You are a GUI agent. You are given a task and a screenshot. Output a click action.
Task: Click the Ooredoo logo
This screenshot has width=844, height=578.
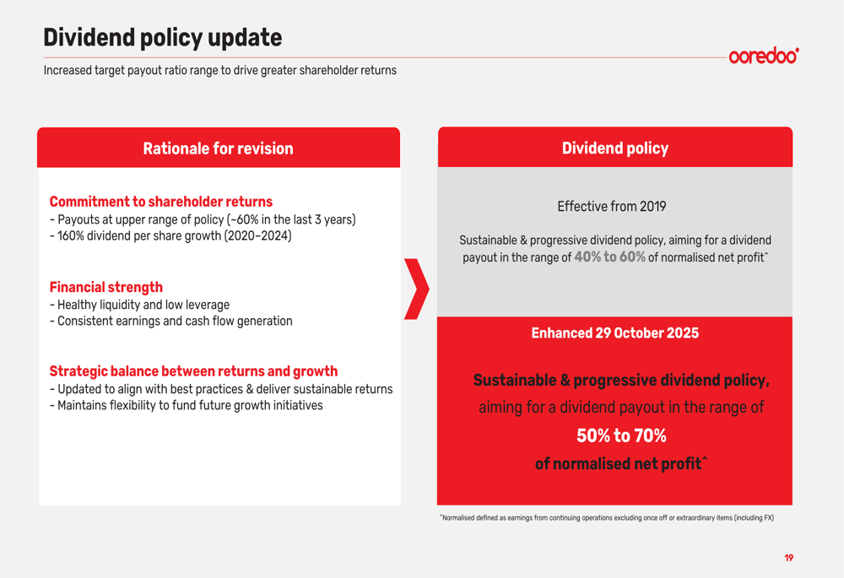click(763, 56)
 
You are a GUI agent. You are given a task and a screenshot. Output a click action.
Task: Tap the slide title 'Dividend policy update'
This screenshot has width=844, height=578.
click(162, 38)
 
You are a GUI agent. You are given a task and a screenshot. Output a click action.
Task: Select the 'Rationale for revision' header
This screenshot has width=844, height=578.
click(218, 149)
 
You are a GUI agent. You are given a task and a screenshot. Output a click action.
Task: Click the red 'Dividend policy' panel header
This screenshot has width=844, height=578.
click(614, 149)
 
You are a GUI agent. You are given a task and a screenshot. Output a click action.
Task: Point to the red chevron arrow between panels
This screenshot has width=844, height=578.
click(416, 289)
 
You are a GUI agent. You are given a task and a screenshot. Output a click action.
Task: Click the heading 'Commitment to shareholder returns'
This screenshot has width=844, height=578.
click(160, 202)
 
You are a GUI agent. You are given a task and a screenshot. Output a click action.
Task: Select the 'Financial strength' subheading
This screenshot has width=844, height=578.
click(105, 287)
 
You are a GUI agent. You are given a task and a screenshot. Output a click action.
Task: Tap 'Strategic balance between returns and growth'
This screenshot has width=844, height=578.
click(193, 371)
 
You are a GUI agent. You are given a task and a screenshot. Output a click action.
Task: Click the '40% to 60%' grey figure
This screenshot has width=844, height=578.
click(609, 257)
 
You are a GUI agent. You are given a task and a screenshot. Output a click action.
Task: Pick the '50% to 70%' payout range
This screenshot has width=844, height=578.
click(621, 436)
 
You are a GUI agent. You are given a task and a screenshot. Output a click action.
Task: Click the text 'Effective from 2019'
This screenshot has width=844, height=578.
click(611, 207)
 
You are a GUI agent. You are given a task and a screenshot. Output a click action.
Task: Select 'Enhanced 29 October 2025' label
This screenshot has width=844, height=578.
click(614, 333)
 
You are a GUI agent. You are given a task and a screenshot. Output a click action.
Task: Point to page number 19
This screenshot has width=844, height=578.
click(788, 558)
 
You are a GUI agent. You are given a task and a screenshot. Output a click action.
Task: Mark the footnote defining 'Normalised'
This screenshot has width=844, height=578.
click(607, 518)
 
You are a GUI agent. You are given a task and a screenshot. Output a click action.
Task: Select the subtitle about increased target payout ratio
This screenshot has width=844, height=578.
click(219, 71)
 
